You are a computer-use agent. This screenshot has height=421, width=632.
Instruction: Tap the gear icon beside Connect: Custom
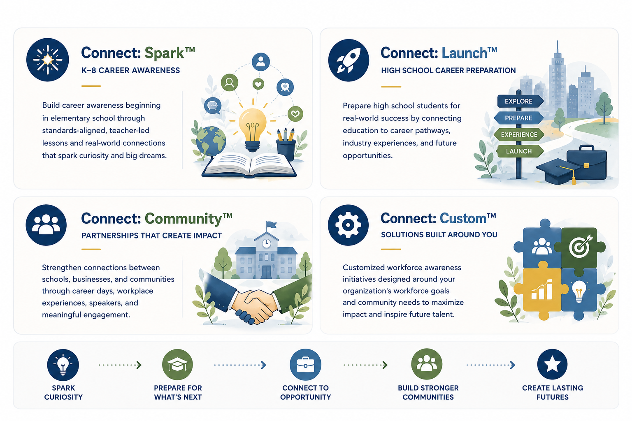[348, 225]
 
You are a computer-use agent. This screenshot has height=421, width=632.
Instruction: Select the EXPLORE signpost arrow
[520, 101]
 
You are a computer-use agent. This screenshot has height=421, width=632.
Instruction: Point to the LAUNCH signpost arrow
[520, 151]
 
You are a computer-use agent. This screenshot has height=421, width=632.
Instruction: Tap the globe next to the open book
[211, 141]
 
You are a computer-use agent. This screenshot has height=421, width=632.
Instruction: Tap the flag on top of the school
[271, 225]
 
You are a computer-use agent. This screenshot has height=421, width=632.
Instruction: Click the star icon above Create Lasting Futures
[552, 364]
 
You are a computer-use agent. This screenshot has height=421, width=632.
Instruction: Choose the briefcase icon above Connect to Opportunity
[305, 365]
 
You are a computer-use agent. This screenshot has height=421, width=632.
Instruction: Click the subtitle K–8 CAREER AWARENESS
[130, 70]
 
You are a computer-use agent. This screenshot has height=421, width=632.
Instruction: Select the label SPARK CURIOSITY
[63, 392]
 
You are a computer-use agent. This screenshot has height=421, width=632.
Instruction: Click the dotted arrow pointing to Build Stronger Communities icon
[366, 365]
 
